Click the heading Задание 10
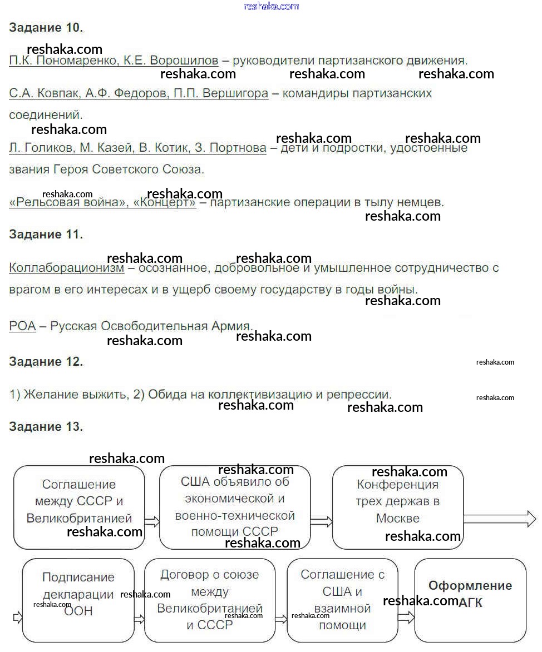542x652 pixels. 46,28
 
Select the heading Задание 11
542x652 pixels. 46,234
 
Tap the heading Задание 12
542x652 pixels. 46,361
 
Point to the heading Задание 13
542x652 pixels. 46,426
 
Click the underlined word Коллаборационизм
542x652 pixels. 67,268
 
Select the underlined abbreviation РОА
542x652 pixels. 22,326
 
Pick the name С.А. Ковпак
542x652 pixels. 44,93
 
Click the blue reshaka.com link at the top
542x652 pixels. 272,6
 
